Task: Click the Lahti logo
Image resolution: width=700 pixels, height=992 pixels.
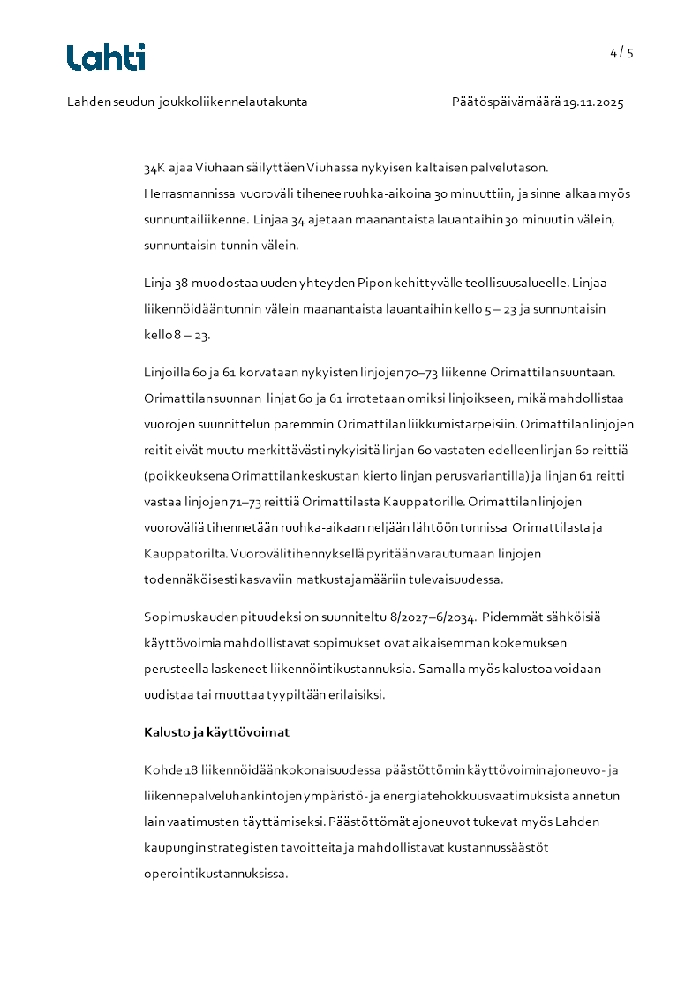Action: click(106, 57)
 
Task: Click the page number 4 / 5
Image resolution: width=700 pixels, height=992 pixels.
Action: click(621, 52)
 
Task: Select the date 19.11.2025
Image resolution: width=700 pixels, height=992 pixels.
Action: click(594, 102)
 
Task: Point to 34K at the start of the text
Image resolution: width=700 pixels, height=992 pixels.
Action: click(154, 167)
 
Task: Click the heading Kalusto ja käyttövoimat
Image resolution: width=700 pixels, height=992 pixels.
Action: click(216, 732)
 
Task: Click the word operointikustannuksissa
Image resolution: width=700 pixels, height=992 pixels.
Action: click(216, 874)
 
